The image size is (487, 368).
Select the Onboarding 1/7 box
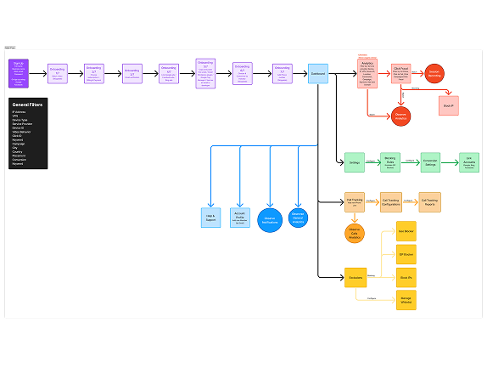click(x=58, y=74)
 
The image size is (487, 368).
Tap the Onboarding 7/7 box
click(x=283, y=74)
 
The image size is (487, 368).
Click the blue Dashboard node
click(x=318, y=74)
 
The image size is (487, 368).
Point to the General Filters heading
click(x=28, y=105)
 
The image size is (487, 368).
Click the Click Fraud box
click(x=401, y=74)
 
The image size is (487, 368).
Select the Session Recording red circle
click(x=434, y=73)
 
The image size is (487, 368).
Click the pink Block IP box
click(x=449, y=106)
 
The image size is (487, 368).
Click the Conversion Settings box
click(x=431, y=162)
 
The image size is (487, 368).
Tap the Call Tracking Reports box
click(x=430, y=201)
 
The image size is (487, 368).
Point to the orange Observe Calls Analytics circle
click(x=355, y=234)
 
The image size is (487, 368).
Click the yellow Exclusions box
click(x=355, y=277)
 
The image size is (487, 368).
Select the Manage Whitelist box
click(x=406, y=299)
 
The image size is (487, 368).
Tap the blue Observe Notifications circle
click(x=270, y=219)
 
